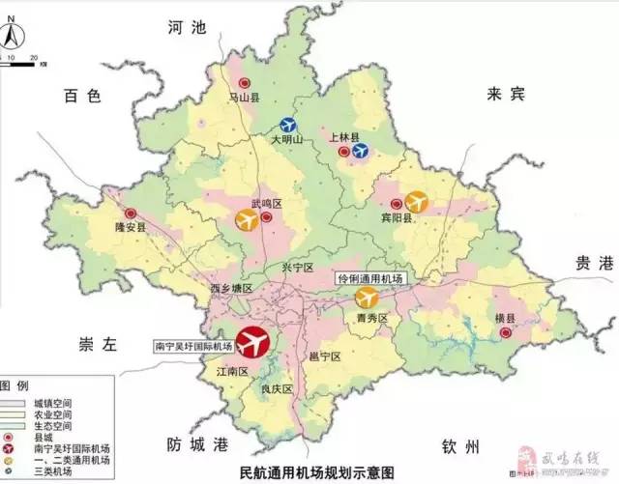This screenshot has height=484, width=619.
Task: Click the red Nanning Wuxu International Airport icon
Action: tap(253, 341)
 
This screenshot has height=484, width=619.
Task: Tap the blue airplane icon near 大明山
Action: tap(288, 125)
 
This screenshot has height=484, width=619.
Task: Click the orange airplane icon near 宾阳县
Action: tap(416, 201)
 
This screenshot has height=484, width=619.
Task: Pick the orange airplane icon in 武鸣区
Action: tap(248, 220)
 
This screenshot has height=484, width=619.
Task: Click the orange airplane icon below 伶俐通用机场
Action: tap(367, 297)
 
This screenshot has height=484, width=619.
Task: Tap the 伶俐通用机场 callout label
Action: tap(369, 278)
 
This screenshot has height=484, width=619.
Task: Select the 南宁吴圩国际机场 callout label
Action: tap(193, 345)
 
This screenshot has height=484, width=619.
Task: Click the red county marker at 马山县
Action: tap(246, 84)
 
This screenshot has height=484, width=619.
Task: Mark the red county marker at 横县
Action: tap(505, 332)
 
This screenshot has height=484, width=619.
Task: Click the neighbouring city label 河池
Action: tap(188, 28)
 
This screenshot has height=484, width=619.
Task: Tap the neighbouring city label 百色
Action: tap(82, 95)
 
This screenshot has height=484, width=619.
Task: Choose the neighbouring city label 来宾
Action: tap(506, 94)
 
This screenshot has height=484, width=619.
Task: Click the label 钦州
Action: tap(457, 445)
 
